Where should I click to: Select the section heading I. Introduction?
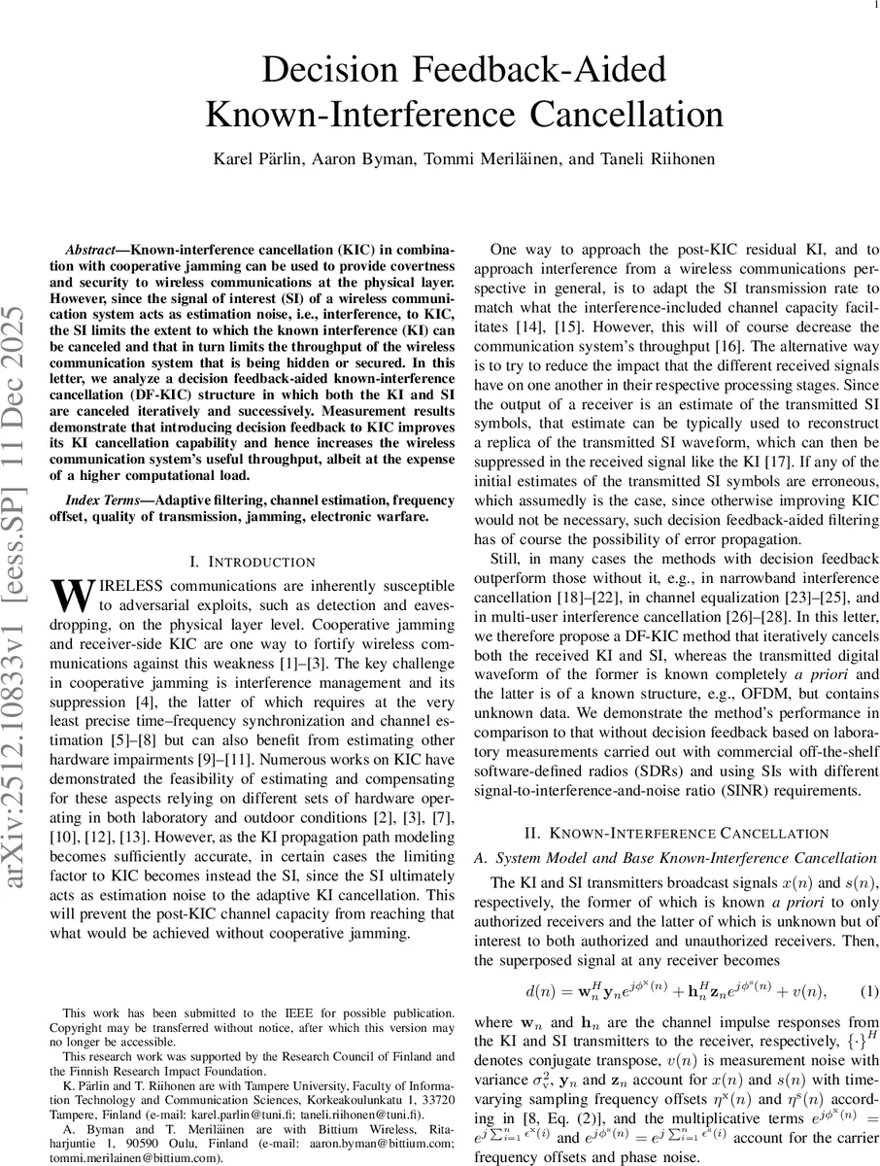[252, 562]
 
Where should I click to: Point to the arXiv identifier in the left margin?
[20, 622]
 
